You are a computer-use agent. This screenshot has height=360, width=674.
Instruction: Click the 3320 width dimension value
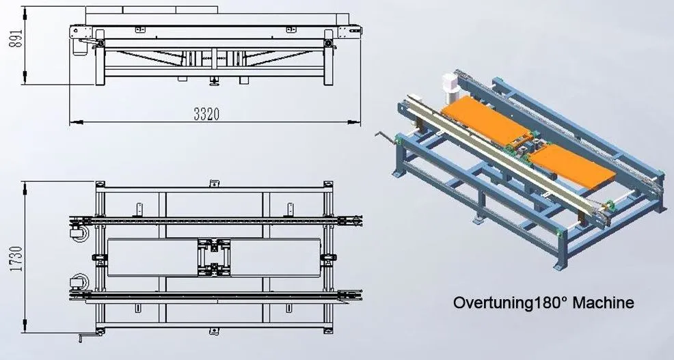pos(206,114)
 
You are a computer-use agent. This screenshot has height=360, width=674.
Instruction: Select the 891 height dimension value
pos(16,38)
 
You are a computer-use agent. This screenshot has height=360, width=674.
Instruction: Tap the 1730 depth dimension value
pos(16,259)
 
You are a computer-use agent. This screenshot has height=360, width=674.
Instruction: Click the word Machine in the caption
pos(604,303)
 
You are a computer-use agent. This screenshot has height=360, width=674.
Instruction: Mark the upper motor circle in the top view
pos(79,233)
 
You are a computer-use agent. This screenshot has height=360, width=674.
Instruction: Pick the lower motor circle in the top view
pos(79,282)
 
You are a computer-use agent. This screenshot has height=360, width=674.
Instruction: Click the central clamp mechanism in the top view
pos(214,258)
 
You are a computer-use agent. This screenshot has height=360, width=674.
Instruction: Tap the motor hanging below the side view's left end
pos(79,46)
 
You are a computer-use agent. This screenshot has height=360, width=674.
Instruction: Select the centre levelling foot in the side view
pos(213,81)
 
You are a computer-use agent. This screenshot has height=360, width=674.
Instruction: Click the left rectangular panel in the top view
pos(152,258)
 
